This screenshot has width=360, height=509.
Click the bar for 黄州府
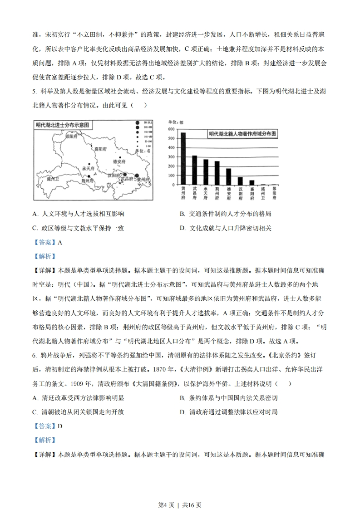click(x=183, y=158)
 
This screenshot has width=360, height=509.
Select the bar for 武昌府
click(x=194, y=170)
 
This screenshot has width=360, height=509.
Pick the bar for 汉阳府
click(x=240, y=181)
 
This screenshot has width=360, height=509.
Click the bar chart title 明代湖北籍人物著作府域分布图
click(x=243, y=134)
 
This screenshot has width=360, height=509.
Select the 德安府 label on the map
click(x=119, y=161)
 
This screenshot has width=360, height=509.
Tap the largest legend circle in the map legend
click(x=137, y=123)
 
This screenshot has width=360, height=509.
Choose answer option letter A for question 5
click(x=35, y=214)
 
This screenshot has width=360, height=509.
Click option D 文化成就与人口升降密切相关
click(x=225, y=228)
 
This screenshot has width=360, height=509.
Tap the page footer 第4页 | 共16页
click(x=180, y=492)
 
